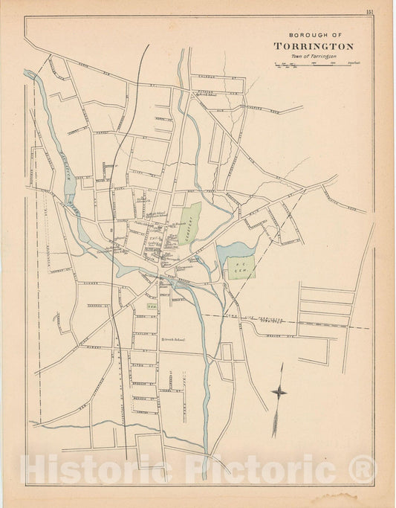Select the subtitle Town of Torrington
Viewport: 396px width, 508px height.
point(313,57)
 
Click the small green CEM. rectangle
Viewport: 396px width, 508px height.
point(152,306)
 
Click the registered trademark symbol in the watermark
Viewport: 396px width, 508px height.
point(365,468)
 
